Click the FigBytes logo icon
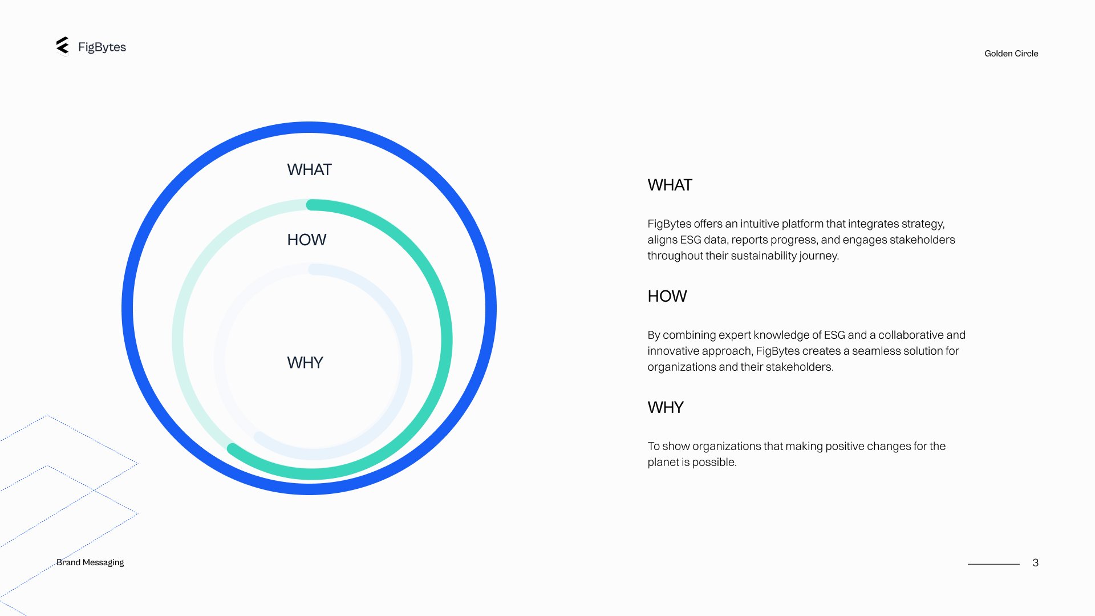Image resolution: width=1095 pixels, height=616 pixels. coord(63,46)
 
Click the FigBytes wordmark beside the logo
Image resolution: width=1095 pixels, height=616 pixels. coord(102,47)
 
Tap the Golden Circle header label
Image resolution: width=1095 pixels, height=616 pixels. coord(1011,54)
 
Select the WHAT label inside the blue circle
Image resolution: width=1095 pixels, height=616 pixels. coord(309,170)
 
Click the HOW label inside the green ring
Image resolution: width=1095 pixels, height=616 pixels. coord(307,240)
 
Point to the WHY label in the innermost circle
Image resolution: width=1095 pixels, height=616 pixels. coord(305,363)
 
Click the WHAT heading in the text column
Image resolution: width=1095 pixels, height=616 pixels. coord(670,185)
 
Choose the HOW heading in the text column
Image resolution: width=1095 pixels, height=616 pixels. coord(667,297)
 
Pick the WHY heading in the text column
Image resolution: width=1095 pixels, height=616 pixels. coord(666,408)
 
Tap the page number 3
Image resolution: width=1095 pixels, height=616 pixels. coord(1035,563)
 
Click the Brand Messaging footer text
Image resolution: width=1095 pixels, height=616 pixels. coord(90,562)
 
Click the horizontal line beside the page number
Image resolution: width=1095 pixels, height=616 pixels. coord(993,564)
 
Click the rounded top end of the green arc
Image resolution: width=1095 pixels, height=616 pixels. coord(311,205)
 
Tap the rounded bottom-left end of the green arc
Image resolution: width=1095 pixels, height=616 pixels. coord(232,448)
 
